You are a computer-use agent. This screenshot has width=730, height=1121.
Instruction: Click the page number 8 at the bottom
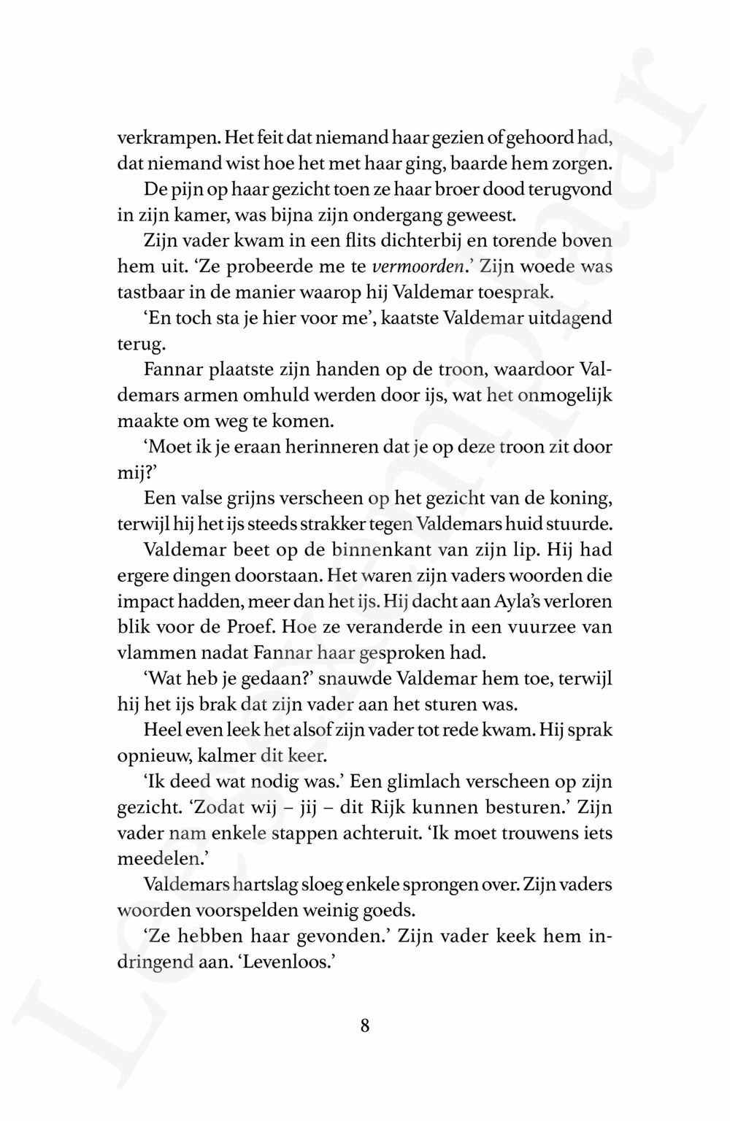pos(364,1025)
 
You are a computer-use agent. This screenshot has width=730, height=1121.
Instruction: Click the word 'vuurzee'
pos(547,627)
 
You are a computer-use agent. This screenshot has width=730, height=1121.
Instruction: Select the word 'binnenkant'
pos(379,550)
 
